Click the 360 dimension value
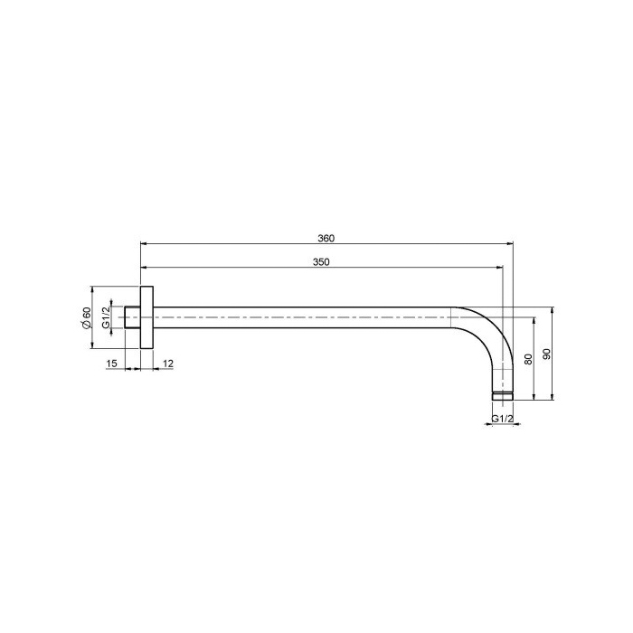coord(326,238)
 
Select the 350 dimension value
coord(321,262)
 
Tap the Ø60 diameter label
coord(87,317)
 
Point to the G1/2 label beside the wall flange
coord(106,317)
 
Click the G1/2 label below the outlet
coord(503,419)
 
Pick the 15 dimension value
coord(112,364)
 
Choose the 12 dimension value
coord(168,364)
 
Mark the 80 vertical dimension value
coord(528,358)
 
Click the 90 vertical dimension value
coord(547,354)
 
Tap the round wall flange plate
coord(146,317)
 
